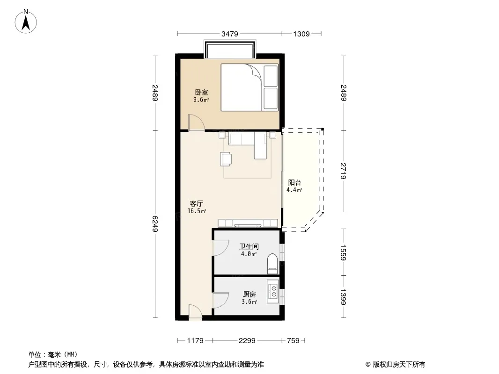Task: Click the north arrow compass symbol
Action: [26, 22]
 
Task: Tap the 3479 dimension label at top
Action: [229, 34]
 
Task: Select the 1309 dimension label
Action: [301, 34]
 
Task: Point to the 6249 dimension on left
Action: [155, 224]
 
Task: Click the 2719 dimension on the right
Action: [344, 171]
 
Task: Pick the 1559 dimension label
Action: [344, 252]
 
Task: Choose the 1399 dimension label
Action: [344, 297]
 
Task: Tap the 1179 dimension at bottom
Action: [195, 341]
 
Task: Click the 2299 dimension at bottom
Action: [247, 341]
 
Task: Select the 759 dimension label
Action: [293, 341]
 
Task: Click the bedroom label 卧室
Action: [202, 93]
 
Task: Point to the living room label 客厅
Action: [196, 204]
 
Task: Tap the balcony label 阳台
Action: [294, 183]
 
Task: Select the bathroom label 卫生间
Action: [249, 246]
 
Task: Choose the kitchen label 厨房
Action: [249, 295]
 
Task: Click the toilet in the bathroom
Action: [273, 264]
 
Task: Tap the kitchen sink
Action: [273, 291]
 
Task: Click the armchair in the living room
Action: [226, 159]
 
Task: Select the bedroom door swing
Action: [195, 122]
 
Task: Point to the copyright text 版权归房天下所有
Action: [399, 365]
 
